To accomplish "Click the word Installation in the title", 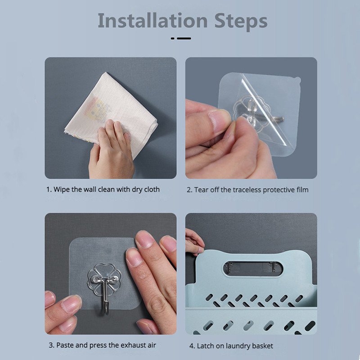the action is [153, 21].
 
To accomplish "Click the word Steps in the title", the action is [241, 22].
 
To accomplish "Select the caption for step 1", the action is [103, 189].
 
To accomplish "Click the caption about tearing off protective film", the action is [247, 190].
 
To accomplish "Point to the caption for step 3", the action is [103, 345].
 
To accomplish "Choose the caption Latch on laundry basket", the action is [231, 346].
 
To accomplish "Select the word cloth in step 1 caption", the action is [152, 189].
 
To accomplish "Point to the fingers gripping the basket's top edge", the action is [195, 242].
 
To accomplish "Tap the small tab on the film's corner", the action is [298, 81].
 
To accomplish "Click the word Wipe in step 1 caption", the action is [61, 189].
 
